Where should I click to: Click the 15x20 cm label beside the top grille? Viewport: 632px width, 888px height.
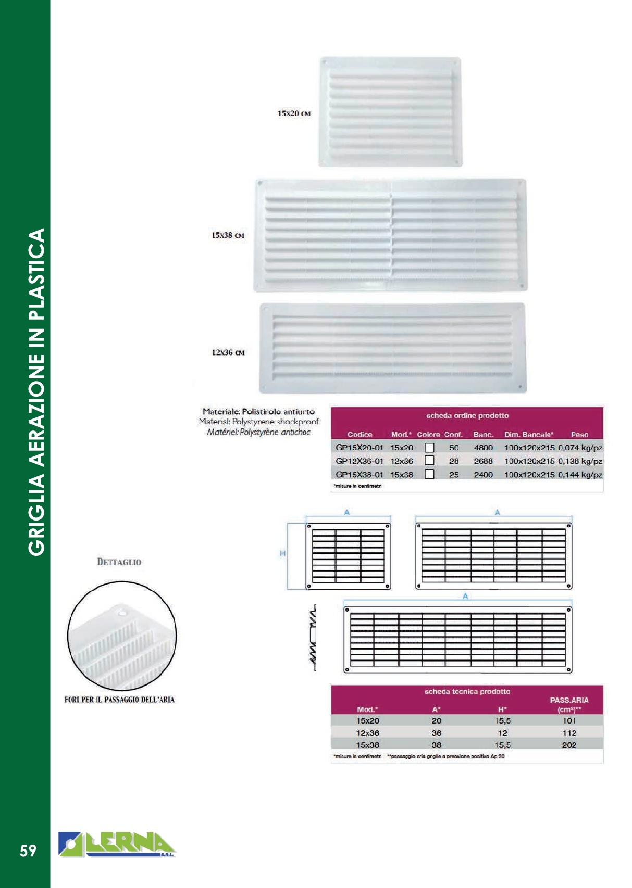click(x=294, y=113)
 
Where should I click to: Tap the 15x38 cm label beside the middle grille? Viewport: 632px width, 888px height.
click(x=228, y=235)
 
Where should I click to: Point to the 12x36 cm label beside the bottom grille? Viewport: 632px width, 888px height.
click(x=228, y=352)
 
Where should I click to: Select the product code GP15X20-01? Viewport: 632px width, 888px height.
click(x=360, y=448)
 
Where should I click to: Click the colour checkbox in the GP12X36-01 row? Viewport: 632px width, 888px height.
click(x=429, y=461)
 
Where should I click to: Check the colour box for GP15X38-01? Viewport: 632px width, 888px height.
click(x=429, y=474)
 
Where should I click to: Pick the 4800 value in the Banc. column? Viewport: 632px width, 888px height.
click(x=483, y=448)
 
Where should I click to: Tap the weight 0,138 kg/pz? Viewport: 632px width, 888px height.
click(x=580, y=461)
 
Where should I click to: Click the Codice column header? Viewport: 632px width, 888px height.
click(x=360, y=434)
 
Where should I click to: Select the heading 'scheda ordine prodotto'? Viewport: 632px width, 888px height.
click(x=467, y=415)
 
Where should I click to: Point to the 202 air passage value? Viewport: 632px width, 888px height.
click(x=569, y=745)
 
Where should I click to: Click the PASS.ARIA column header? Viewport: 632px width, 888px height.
click(x=569, y=701)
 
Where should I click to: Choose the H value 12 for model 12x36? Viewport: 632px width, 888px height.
click(x=502, y=733)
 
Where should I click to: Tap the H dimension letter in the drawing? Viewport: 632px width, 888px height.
click(x=282, y=553)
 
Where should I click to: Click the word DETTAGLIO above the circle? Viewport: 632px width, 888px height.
click(x=119, y=562)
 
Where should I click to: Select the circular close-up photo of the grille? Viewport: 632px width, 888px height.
click(x=122, y=636)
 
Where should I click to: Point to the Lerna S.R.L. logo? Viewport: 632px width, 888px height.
click(x=118, y=844)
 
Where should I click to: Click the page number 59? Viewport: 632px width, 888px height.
click(x=28, y=851)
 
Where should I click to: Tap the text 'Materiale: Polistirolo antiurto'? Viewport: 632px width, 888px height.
click(x=258, y=411)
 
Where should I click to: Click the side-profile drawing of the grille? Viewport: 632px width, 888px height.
click(x=313, y=637)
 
